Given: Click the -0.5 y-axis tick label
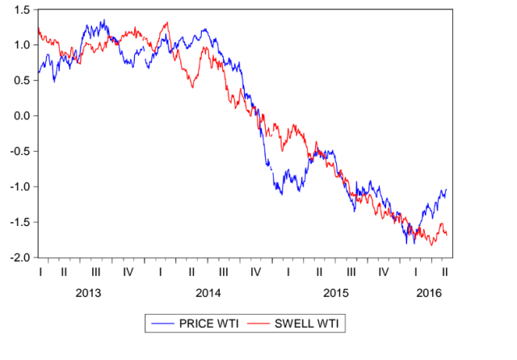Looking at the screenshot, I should [19, 152].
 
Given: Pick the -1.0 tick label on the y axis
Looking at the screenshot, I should [19, 186].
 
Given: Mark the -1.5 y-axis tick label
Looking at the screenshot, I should [19, 222].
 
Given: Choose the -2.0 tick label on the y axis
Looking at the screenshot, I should [19, 257].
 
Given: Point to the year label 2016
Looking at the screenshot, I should [428, 291].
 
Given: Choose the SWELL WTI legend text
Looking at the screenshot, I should [309, 324].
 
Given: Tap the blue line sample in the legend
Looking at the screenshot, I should [162, 324].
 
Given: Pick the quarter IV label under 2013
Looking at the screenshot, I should [128, 271].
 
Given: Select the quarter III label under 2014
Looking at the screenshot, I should [223, 271].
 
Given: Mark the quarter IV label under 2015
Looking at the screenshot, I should [383, 271].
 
